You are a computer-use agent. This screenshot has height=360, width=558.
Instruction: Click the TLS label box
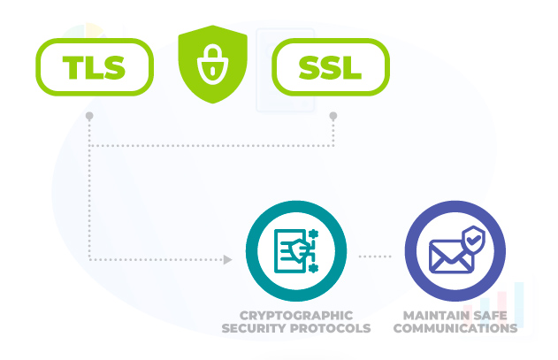(95, 66)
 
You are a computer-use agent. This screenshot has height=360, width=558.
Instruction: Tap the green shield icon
(212, 65)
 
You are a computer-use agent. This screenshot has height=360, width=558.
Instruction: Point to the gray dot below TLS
(89, 116)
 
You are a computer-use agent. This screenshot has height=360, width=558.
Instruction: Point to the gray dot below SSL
(333, 115)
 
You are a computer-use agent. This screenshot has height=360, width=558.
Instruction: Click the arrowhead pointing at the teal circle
(227, 260)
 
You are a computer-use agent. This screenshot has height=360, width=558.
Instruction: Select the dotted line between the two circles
(375, 257)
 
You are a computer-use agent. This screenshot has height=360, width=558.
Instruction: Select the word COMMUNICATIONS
(455, 328)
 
